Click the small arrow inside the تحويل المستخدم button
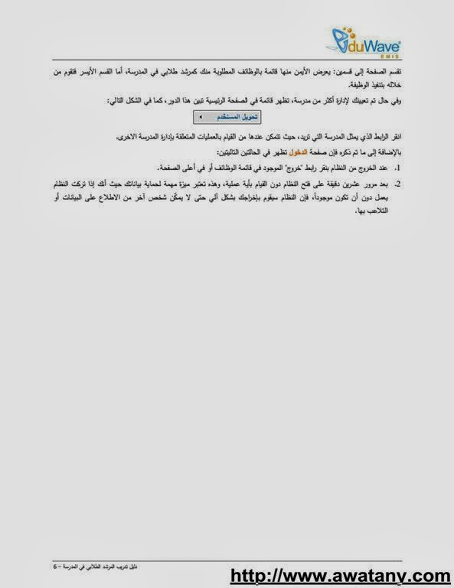[201, 117]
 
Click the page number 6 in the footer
[55, 567]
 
